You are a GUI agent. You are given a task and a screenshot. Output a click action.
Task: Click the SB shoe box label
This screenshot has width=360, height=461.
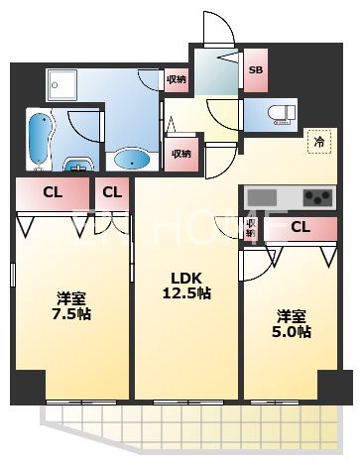[255, 70]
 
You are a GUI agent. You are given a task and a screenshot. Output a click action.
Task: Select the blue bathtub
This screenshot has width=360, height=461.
[40, 141]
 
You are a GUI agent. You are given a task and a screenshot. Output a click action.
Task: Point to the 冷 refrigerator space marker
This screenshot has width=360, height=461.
[320, 141]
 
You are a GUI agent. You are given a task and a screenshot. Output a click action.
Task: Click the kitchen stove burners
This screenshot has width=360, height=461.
[318, 195]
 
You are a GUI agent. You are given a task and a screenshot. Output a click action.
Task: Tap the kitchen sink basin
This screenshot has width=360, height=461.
[267, 195]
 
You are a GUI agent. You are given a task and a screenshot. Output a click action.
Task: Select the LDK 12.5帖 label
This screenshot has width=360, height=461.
[185, 286]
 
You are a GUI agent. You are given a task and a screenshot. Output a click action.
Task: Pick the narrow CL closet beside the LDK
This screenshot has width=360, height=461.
[113, 192]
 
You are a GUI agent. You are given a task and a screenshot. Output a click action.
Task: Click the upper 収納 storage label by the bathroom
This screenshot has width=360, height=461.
[176, 80]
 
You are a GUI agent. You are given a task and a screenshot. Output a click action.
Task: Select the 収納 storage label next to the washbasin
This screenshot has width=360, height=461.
[180, 153]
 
